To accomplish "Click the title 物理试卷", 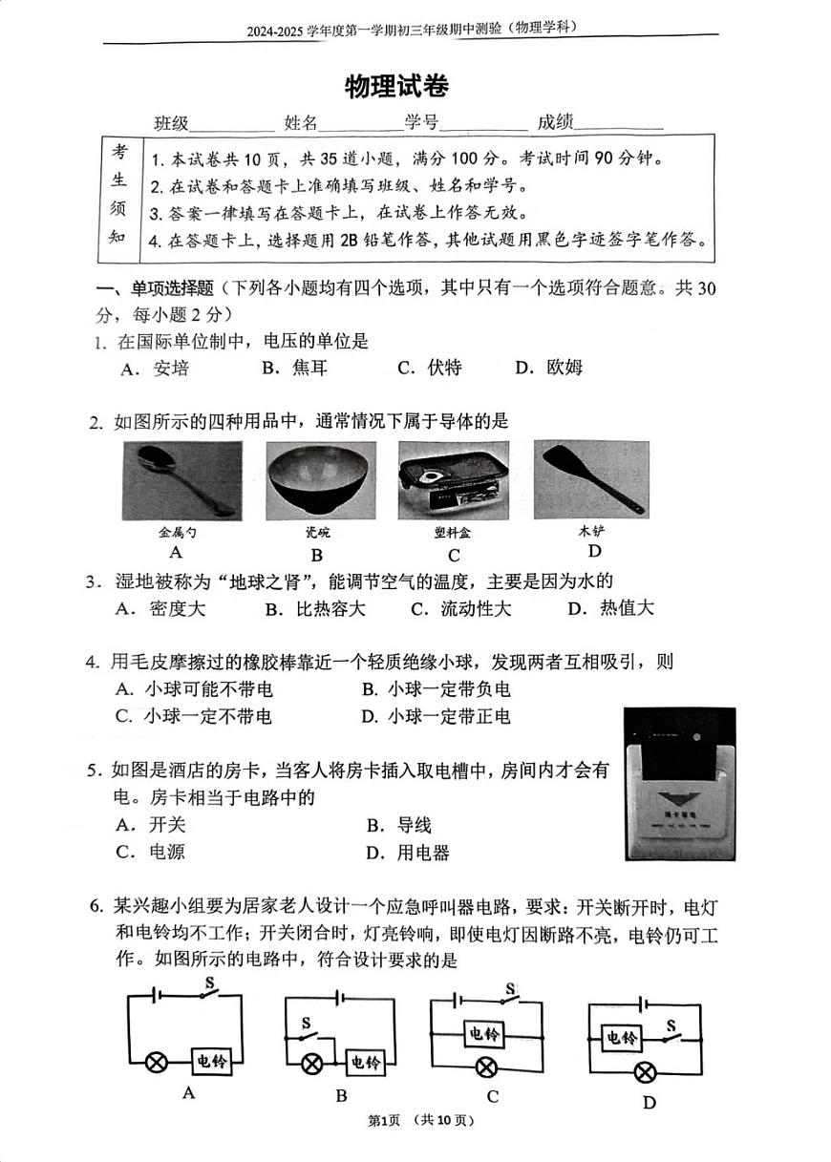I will [396, 86].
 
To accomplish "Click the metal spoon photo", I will [181, 480].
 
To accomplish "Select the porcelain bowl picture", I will [320, 480].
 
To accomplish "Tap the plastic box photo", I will [453, 480].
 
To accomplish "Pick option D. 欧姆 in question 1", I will [549, 368].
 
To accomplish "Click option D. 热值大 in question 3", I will [610, 609].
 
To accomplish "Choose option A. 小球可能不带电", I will [194, 689].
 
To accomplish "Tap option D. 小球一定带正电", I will [436, 716].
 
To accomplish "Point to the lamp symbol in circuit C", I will [486, 1067].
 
